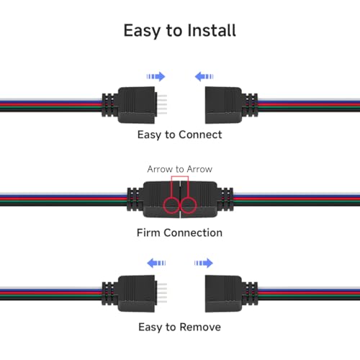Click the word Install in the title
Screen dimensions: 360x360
click(x=212, y=31)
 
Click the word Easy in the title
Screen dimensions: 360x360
click(x=142, y=31)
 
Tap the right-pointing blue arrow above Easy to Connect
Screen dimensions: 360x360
click(x=156, y=76)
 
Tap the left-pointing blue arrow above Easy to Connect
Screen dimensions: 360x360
click(x=204, y=76)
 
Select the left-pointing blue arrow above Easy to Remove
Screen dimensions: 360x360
click(x=156, y=263)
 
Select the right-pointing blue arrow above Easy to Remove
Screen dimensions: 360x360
click(x=204, y=263)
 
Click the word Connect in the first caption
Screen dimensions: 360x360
click(x=200, y=135)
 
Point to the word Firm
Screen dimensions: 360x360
click(x=148, y=233)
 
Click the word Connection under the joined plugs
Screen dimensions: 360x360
click(x=193, y=233)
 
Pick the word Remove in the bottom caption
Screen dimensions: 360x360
click(x=200, y=327)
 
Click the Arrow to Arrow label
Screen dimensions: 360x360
click(x=180, y=169)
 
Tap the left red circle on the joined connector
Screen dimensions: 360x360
click(x=171, y=205)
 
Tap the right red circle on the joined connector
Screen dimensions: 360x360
click(x=189, y=205)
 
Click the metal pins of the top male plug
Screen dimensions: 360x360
click(x=161, y=104)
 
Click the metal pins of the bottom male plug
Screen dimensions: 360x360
click(x=161, y=293)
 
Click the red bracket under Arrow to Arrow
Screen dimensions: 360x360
click(x=180, y=176)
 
